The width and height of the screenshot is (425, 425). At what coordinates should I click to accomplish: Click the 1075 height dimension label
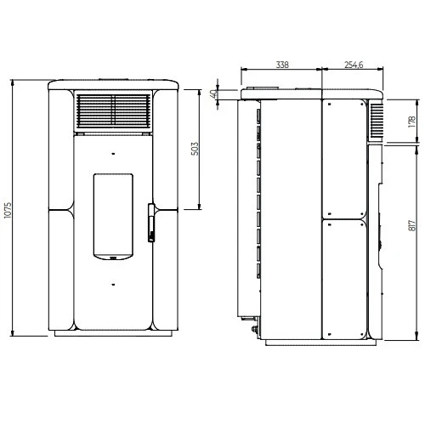pyautogui.click(x=8, y=210)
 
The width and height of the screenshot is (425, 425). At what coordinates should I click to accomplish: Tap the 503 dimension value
pyautogui.click(x=195, y=149)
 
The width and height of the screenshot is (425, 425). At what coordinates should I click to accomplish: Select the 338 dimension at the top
pyautogui.click(x=282, y=65)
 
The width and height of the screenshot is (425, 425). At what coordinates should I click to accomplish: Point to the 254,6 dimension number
pyautogui.click(x=354, y=65)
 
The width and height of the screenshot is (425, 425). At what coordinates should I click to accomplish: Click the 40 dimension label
pyautogui.click(x=214, y=93)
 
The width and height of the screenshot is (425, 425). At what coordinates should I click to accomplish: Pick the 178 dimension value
pyautogui.click(x=412, y=122)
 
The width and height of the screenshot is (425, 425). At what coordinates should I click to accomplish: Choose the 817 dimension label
pyautogui.click(x=412, y=225)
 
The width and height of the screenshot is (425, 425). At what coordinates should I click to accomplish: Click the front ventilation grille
pyautogui.click(x=113, y=110)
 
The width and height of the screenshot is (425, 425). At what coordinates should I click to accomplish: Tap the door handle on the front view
pyautogui.click(x=151, y=223)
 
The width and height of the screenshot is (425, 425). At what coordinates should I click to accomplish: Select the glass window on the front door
pyautogui.click(x=113, y=217)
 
